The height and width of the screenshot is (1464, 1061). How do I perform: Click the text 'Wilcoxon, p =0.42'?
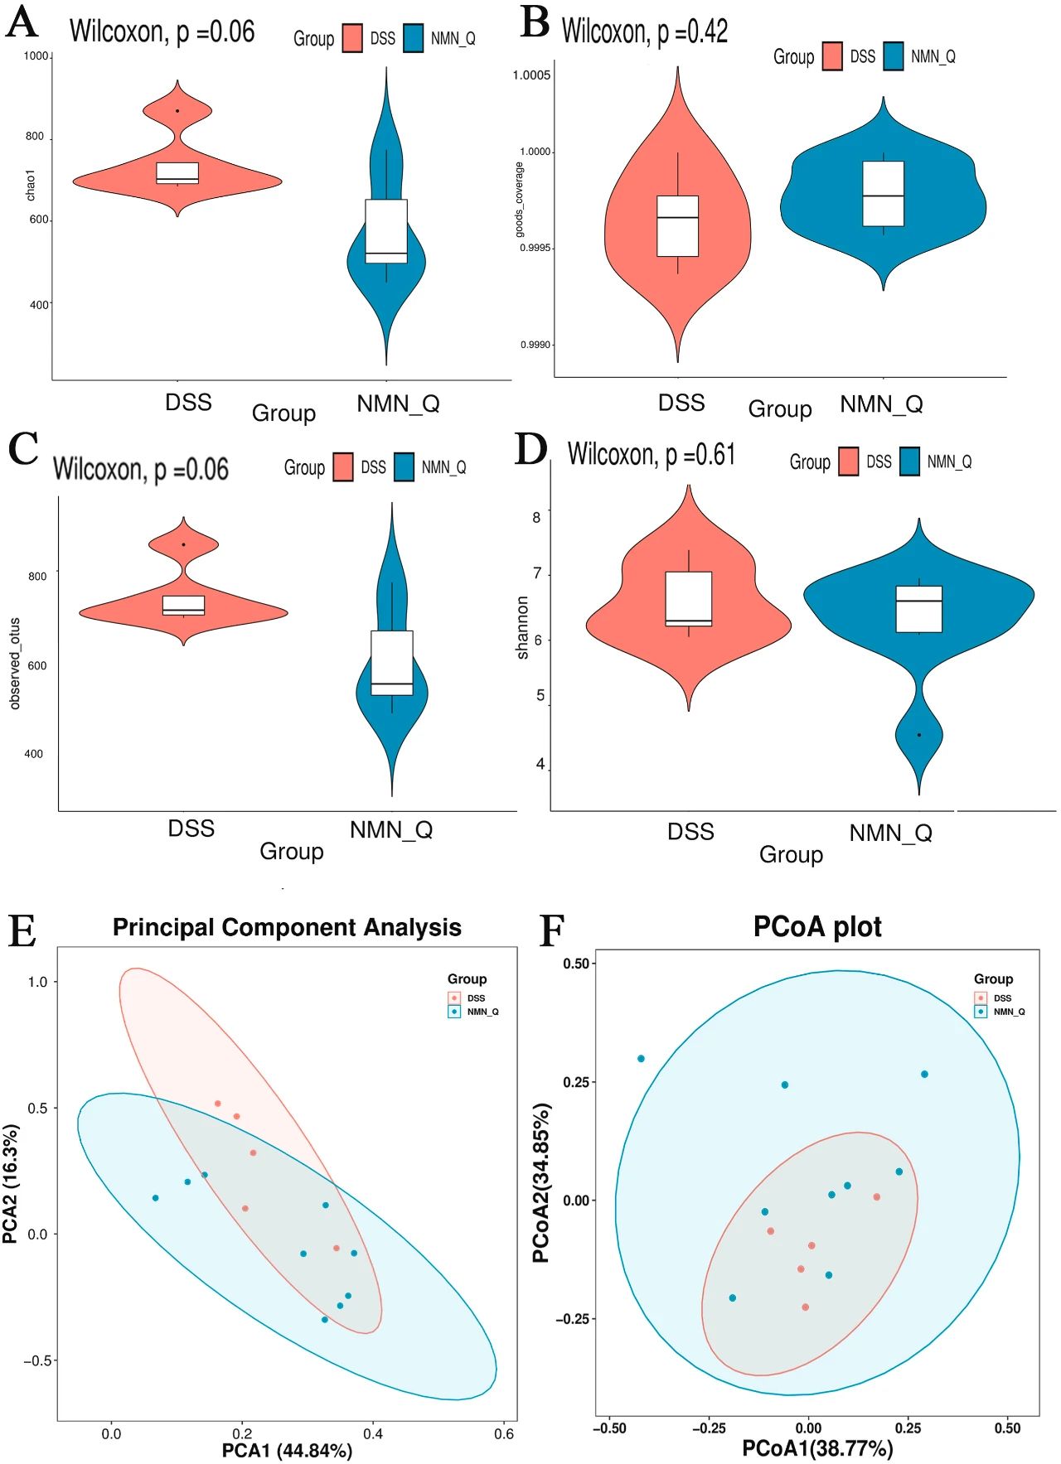(x=645, y=31)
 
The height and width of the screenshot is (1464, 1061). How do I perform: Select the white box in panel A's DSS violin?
(x=177, y=172)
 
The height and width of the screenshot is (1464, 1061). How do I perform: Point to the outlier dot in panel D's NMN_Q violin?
(x=918, y=735)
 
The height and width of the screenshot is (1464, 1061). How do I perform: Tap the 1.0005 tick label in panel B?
(x=531, y=75)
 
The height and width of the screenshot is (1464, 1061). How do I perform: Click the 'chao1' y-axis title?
(x=31, y=185)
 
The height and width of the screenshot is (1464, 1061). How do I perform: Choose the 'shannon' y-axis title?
(x=522, y=627)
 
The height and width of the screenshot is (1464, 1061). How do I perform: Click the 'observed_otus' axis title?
(x=15, y=663)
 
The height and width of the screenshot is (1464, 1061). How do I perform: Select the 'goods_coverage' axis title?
(x=520, y=200)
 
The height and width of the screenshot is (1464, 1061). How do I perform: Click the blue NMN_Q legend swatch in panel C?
(x=404, y=467)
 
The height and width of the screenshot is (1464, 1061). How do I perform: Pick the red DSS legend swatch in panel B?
(x=832, y=56)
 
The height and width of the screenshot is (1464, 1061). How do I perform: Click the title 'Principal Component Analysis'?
(x=287, y=927)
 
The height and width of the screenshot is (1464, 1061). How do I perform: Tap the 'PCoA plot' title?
(x=817, y=926)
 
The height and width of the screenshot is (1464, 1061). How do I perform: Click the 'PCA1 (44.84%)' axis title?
(x=287, y=1450)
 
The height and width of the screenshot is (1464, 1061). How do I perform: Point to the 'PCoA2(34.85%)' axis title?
(x=541, y=1182)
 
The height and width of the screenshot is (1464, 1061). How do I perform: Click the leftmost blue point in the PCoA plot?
(x=641, y=1059)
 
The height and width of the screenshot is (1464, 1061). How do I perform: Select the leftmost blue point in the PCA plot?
(x=155, y=1198)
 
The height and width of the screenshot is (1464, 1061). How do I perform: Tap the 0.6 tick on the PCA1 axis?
(x=504, y=1433)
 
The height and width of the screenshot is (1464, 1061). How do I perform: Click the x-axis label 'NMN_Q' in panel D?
(x=890, y=833)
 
